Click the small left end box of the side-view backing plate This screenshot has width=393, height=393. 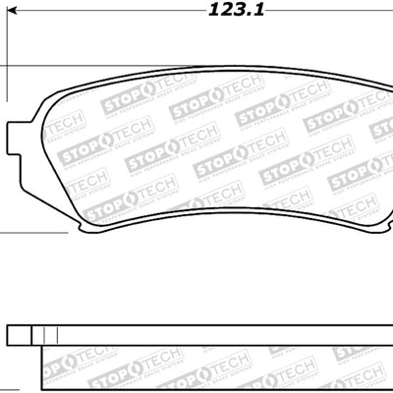point(19,335)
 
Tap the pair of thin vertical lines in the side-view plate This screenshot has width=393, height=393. point(40,335)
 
